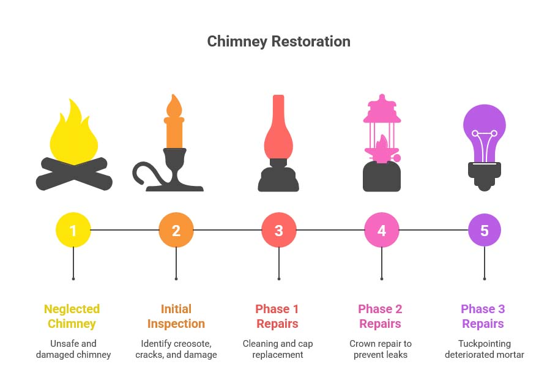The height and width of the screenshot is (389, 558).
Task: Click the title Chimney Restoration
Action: pyautogui.click(x=278, y=42)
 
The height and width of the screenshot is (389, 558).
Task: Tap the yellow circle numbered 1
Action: pyautogui.click(x=73, y=231)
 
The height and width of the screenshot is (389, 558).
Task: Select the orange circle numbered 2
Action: pyautogui.click(x=176, y=231)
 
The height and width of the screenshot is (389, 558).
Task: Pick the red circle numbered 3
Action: pyautogui.click(x=279, y=231)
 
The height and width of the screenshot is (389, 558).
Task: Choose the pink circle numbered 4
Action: pyautogui.click(x=382, y=231)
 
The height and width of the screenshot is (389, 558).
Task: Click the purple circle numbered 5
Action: pyautogui.click(x=485, y=231)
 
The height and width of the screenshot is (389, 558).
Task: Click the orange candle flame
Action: pyautogui.click(x=175, y=106)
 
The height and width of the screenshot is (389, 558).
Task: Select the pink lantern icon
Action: pyautogui.click(x=381, y=144)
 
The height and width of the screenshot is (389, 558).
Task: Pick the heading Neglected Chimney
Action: pyautogui.click(x=72, y=316)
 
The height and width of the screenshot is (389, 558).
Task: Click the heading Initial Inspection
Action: pyautogui.click(x=176, y=316)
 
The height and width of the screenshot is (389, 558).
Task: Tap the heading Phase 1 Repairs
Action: pyautogui.click(x=277, y=316)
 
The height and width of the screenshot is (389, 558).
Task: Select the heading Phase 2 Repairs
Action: pyautogui.click(x=380, y=316)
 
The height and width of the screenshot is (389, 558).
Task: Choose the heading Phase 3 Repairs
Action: pyautogui.click(x=483, y=316)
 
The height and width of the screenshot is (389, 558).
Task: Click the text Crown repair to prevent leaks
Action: pyautogui.click(x=380, y=349)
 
